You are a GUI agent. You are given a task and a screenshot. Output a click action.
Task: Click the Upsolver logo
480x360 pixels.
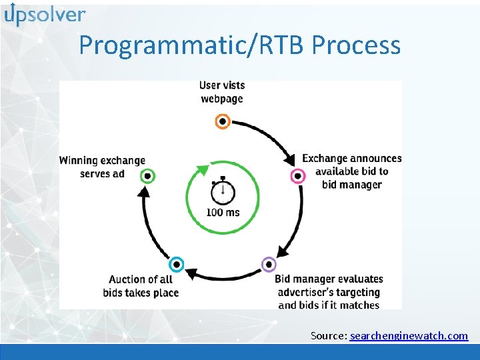coord(45,15)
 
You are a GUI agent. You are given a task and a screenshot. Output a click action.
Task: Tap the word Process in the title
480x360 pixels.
coord(356,45)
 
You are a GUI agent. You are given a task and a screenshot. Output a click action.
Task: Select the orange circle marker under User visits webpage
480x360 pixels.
coord(222,121)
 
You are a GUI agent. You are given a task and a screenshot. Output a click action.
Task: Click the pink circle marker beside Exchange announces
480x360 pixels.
coord(298,176)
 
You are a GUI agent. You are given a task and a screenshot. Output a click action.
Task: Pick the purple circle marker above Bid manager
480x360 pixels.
coord(268,265)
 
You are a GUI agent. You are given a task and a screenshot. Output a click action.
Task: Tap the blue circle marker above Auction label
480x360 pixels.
coord(176,265)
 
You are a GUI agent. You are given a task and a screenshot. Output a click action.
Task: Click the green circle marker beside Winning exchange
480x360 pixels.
coord(148,176)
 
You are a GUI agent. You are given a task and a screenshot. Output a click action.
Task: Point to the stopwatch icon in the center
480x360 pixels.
coord(222,191)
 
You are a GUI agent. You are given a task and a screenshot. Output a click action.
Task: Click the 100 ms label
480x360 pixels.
coord(223,213)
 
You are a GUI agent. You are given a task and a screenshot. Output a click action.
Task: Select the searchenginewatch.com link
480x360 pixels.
coord(409,335)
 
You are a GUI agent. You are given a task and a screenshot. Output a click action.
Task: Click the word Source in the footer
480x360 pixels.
coord(327,335)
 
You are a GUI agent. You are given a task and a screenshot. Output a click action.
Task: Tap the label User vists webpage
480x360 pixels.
coord(222,92)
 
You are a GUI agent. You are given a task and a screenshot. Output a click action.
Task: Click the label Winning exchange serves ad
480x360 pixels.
coord(101,167)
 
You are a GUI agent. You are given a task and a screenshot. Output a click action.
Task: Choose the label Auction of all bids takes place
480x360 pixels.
coord(141,286)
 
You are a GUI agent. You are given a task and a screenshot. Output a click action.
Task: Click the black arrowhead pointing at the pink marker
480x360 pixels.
coord(290,160)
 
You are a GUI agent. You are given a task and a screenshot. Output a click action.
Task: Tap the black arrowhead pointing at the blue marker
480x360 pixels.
coord(191,273)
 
